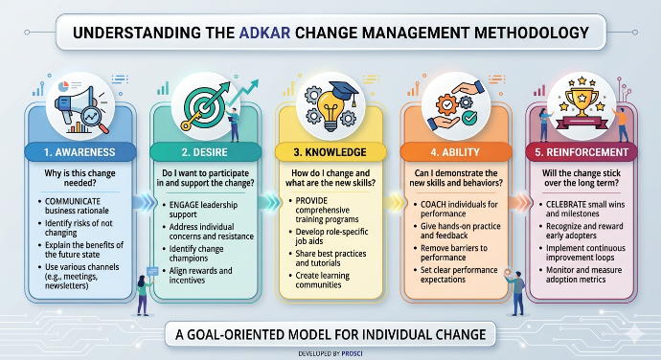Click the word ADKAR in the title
(264, 33)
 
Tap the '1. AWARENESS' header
(80, 152)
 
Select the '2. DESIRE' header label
(205, 152)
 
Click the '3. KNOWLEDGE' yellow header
(330, 152)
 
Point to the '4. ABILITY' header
(455, 152)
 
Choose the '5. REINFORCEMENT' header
(581, 152)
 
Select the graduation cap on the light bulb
(344, 91)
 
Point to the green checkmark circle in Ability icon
(469, 118)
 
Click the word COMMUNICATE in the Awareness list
(73, 201)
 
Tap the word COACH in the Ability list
(433, 204)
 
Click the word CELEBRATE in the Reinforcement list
(566, 204)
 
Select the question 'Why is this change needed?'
(80, 178)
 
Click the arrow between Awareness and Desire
(144, 203)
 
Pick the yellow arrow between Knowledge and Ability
(394, 203)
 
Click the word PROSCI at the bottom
(352, 353)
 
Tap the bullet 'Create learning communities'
(323, 281)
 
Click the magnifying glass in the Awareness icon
(95, 119)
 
